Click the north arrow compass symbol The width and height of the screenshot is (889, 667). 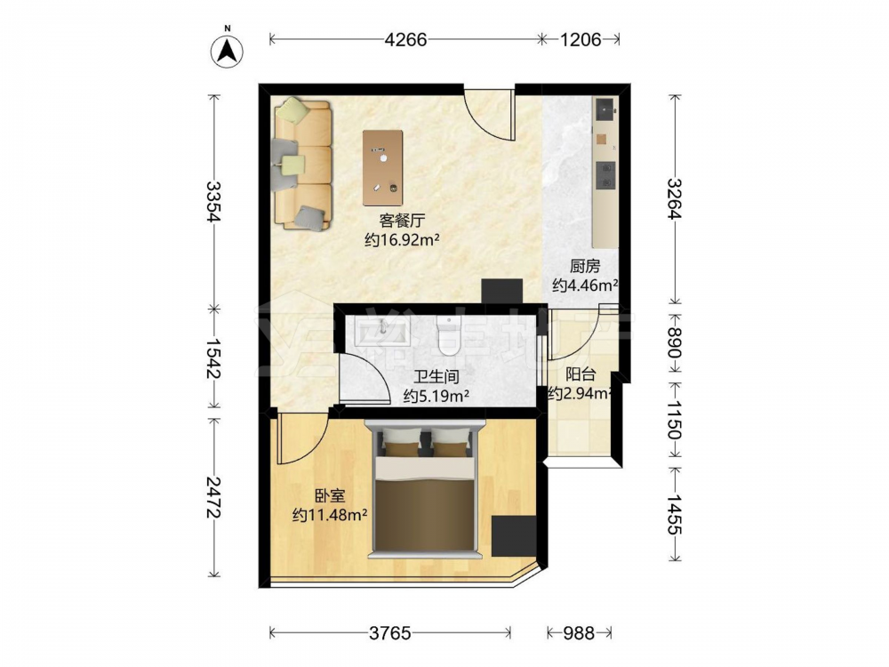pos(228,50)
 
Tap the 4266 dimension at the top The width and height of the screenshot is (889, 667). pos(405,40)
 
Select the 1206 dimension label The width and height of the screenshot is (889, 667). pos(581,40)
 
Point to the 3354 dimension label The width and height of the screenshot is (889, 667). pos(213,202)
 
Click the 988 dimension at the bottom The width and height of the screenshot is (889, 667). pos(579,633)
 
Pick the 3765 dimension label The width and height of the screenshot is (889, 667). pos(390,633)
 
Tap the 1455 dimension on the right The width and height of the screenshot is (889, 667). pos(674,514)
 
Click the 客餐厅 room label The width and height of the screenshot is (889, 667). pos(402,221)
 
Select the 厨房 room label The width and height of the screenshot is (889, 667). pos(585,266)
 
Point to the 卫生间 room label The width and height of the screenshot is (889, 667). pos(436,376)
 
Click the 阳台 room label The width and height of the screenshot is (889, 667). pos(581,374)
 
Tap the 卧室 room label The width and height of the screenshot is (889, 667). pos(330,496)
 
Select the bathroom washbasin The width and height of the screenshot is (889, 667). pos(382,333)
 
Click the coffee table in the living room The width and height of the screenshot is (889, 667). pos(383,168)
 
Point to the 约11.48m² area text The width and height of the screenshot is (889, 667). pos(330,516)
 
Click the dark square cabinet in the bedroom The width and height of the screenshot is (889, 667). pos(514,535)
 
